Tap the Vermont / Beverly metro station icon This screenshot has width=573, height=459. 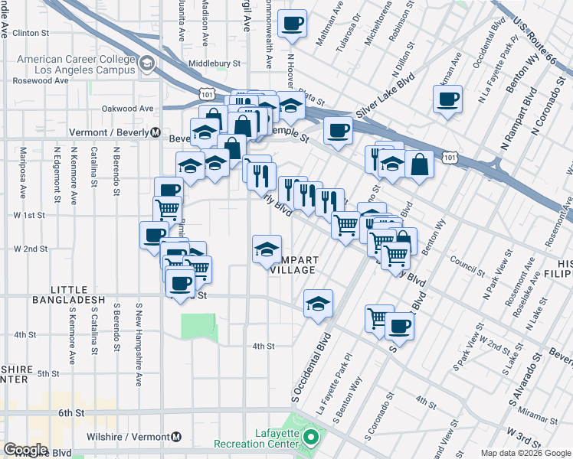coord(154,132)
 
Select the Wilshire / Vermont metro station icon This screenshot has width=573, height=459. coord(177,437)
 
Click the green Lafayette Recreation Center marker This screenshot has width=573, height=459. coord(310,438)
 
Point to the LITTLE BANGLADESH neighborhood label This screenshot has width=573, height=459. coord(77,295)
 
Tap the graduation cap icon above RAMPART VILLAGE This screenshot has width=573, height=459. coord(267,249)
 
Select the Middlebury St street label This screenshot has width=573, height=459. coord(215,64)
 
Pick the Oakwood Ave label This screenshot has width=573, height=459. coord(128,109)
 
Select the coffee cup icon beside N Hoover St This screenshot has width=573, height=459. coord(291,24)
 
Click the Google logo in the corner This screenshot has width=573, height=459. coord(26,450)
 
